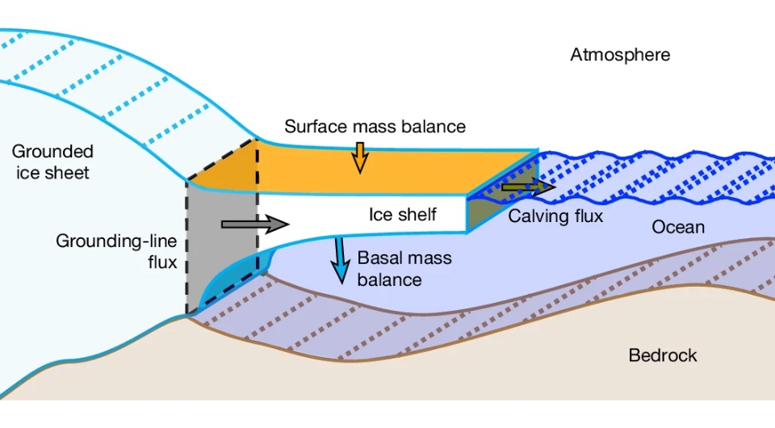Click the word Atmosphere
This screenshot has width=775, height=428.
coord(620,55)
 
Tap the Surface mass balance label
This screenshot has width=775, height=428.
coord(375,127)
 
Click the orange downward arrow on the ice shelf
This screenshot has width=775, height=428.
coord(359,157)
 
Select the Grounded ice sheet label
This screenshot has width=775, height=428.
coord(52,162)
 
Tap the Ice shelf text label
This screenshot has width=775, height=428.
coord(402,215)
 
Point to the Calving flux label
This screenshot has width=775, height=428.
coord(555,216)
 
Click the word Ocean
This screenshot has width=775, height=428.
coord(678,228)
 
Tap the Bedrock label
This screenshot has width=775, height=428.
coord(662,355)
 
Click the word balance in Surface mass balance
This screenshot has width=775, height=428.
coord(436,127)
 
